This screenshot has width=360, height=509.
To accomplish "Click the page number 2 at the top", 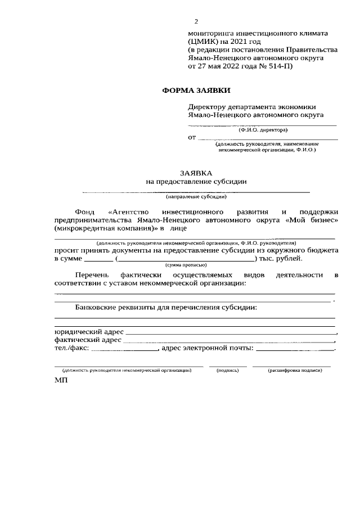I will click(x=196, y=21).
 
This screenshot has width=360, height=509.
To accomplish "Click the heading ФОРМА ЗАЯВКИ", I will click(x=196, y=90).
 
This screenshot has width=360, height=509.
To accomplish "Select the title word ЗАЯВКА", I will click(x=196, y=174).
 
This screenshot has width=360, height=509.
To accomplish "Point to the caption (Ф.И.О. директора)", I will click(x=263, y=130).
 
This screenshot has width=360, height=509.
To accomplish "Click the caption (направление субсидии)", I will click(x=196, y=197).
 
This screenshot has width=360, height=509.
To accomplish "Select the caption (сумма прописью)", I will click(x=186, y=264).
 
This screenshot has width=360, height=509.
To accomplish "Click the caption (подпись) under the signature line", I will click(x=228, y=371).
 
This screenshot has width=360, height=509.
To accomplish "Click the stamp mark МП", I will click(x=61, y=381).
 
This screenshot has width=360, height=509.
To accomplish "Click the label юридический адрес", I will click(x=88, y=332).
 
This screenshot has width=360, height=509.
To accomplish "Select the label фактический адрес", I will click(x=88, y=340).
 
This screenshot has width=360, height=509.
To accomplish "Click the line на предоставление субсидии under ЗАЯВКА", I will click(x=196, y=182).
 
